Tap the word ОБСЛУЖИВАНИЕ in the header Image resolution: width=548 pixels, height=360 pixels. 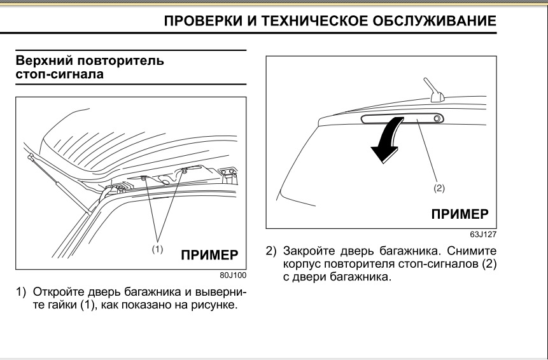pos(430,22)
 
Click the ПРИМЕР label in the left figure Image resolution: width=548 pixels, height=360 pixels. pos(210,256)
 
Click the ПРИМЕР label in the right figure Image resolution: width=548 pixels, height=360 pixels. pos(460,213)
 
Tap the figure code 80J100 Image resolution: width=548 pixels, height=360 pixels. pos(233,275)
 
